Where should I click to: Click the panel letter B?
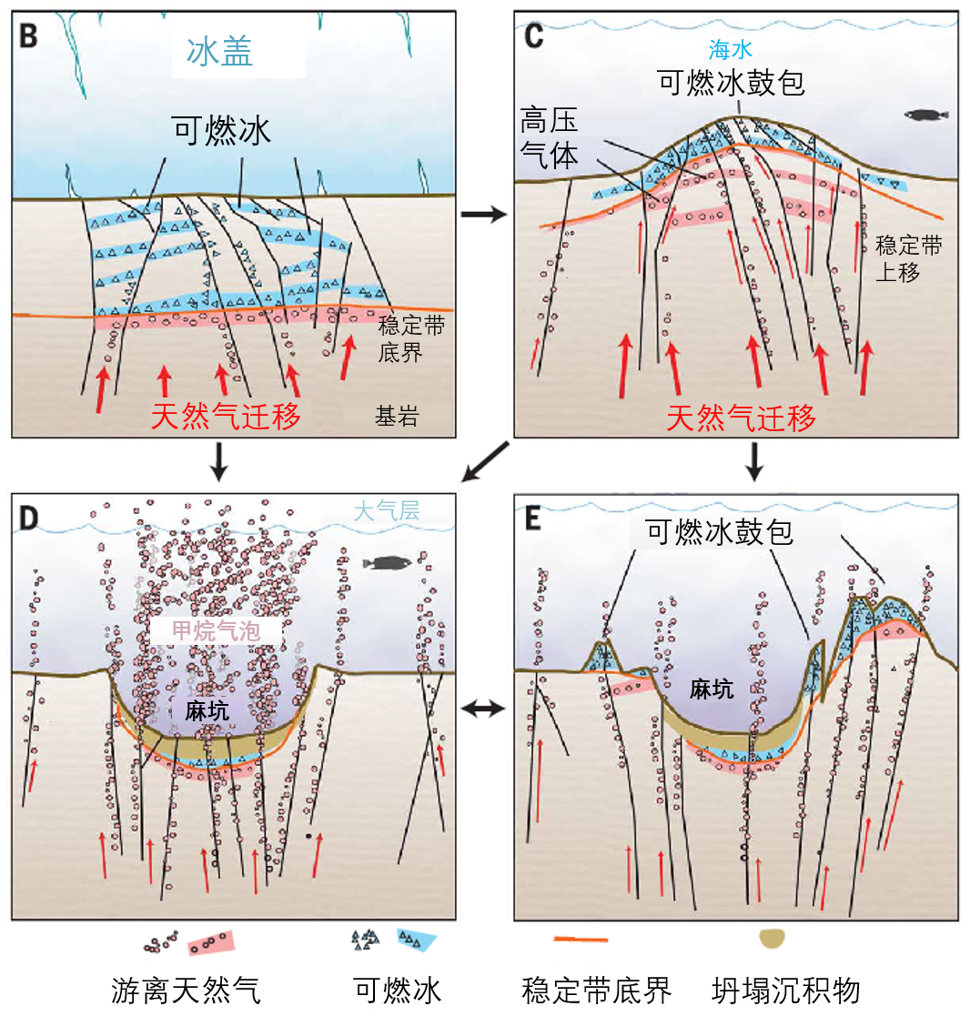(x=29, y=35)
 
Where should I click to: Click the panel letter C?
(x=534, y=35)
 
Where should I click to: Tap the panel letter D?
(x=30, y=519)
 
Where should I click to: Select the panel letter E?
(x=533, y=519)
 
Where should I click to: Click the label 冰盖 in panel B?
(x=219, y=52)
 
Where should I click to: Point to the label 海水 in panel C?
(x=731, y=50)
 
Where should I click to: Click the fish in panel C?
(x=926, y=115)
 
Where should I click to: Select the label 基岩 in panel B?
(x=398, y=417)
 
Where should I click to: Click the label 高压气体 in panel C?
(x=549, y=137)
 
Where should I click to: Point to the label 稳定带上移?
(x=907, y=258)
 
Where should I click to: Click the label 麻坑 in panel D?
(x=207, y=710)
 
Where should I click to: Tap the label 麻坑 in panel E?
(x=711, y=689)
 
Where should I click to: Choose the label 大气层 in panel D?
(x=386, y=511)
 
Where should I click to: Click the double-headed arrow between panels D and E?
(x=483, y=708)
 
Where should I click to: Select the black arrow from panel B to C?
(x=483, y=215)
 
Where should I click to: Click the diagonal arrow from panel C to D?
(x=483, y=462)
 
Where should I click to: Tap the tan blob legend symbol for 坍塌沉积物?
(x=773, y=939)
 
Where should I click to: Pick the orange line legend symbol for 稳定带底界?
(x=581, y=939)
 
